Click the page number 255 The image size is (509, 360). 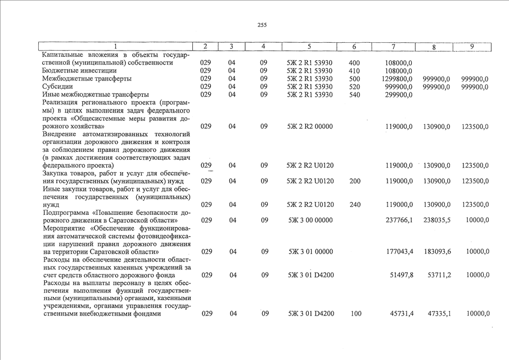pyautogui.click(x=262, y=25)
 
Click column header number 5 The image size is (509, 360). pyautogui.click(x=309, y=46)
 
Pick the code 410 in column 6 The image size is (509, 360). pyautogui.click(x=354, y=71)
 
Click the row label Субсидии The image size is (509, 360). pyautogui.click(x=58, y=87)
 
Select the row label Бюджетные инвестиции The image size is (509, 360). pyautogui.click(x=79, y=71)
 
